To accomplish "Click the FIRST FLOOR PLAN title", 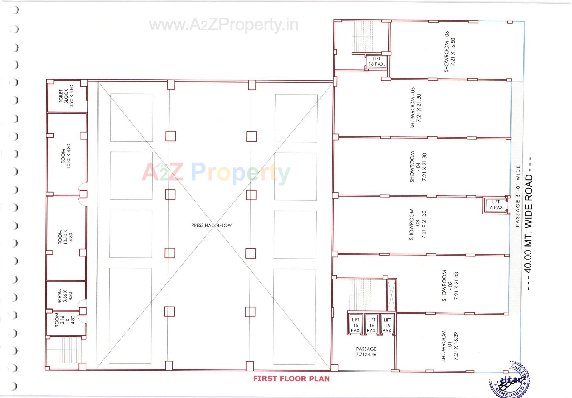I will (291, 379).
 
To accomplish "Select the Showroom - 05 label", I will (416, 108).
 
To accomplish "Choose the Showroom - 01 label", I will (449, 346).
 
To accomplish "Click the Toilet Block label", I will (66, 97).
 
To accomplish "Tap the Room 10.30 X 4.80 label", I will (66, 156).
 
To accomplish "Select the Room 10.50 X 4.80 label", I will (65, 237).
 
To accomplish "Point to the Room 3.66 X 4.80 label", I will (65, 296).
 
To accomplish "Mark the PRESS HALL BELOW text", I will (212, 226).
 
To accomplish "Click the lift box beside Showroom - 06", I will (377, 62).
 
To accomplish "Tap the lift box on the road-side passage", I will (496, 205).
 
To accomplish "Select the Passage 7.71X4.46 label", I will (366, 352).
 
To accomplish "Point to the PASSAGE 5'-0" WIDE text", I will (518, 196).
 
